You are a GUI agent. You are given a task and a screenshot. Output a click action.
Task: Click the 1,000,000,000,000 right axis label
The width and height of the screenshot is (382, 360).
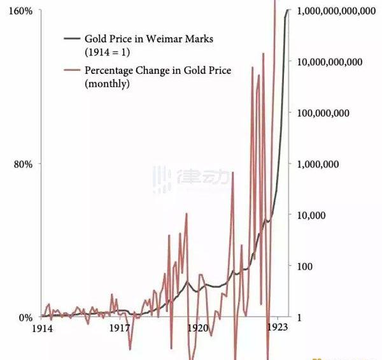[x=336, y=11]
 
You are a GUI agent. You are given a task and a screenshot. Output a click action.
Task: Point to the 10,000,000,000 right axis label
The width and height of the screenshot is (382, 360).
[x=330, y=62]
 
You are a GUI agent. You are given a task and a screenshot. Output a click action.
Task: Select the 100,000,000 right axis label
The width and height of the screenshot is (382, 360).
[x=325, y=113]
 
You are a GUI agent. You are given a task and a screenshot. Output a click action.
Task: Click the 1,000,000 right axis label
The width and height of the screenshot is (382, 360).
[x=320, y=164]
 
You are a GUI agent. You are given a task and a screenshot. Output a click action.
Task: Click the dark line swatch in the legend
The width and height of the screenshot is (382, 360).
[x=72, y=39]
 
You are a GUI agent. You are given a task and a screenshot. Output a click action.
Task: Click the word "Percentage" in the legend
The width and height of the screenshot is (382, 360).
[x=109, y=71]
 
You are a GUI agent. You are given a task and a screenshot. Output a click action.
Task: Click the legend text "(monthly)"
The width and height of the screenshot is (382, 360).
[x=107, y=83]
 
